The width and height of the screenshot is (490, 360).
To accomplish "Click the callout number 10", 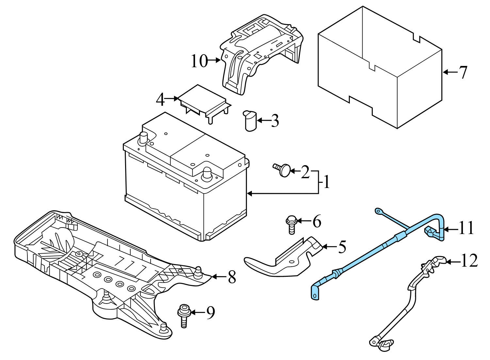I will pos(199,61).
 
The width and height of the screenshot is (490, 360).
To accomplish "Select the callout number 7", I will pos(463,72).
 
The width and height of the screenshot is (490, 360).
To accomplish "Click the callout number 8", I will pos(232,277).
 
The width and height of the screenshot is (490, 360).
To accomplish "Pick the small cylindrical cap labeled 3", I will pos(250,121).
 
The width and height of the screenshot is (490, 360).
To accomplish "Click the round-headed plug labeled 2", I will pos(284,170).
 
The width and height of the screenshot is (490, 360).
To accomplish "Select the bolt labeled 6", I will pos(291,225).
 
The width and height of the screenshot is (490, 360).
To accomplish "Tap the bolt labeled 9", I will pos(183,314).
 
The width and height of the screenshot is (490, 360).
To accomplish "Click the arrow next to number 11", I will pos(451,229).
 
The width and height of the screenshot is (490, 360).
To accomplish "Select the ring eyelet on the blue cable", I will pos(378,211).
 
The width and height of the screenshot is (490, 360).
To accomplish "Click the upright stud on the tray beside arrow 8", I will pos(197,271).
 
